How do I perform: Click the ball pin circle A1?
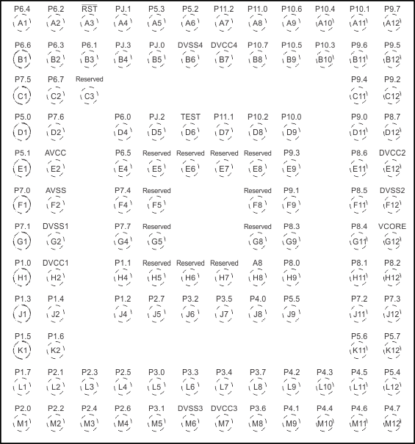23,23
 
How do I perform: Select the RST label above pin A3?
90,9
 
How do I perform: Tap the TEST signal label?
190,117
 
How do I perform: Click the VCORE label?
392,226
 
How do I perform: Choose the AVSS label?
56,190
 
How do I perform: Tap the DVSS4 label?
190,46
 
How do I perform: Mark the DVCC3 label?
224,407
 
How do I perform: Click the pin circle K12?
392,349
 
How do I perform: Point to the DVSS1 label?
56,226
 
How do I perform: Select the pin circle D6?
190,132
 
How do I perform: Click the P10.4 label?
325,9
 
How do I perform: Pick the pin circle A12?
392,23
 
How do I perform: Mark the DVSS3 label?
190,407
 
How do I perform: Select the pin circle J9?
291,313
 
